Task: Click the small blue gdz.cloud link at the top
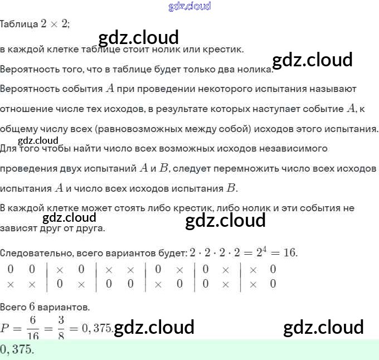pos(189,6)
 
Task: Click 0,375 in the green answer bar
pos(17,349)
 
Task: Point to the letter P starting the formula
pos(5,329)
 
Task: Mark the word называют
pos(330,89)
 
